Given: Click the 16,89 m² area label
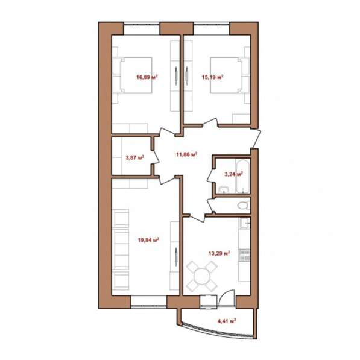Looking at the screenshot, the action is click(x=147, y=77).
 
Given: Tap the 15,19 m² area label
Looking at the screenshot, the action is click(x=212, y=77).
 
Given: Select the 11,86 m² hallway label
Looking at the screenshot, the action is click(x=187, y=154).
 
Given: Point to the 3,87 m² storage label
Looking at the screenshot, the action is click(x=134, y=157).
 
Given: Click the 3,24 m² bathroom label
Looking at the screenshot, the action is click(x=233, y=174).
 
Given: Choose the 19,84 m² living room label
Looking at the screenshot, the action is click(x=148, y=240).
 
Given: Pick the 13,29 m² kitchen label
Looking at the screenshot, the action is click(x=219, y=253).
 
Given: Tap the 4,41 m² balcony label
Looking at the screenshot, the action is click(x=227, y=321).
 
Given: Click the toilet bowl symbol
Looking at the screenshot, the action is click(x=244, y=205).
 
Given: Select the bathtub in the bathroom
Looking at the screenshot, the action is click(x=242, y=176).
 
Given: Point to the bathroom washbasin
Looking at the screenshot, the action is click(x=223, y=189).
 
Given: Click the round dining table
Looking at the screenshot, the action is click(x=202, y=276).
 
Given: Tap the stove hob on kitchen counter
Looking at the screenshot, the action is click(x=244, y=255).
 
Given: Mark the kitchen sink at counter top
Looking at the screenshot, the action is click(x=245, y=223).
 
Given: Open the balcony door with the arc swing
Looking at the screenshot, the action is click(x=226, y=298).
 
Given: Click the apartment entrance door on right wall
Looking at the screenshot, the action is click(x=256, y=139).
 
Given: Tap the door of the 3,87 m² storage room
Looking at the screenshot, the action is click(x=156, y=157).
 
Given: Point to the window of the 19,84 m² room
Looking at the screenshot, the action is click(x=149, y=302).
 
